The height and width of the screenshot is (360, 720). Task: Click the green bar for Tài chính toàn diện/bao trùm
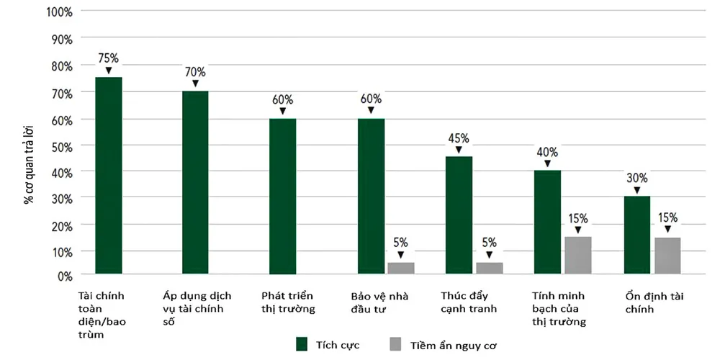click(109, 176)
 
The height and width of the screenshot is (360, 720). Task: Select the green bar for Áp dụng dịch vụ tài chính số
click(195, 183)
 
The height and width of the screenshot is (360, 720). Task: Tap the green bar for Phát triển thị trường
click(282, 196)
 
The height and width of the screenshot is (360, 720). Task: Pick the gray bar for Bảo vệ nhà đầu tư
click(400, 268)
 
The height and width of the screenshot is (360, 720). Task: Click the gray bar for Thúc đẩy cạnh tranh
click(489, 268)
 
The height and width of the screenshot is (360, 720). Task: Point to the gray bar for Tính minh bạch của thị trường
click(577, 256)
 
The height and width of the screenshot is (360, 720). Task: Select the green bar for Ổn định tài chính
click(637, 235)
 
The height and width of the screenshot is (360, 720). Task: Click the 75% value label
click(109, 58)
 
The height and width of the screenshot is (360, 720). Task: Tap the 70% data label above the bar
click(194, 72)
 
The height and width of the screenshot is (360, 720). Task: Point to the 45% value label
click(459, 138)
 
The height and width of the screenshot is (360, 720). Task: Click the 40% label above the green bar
click(547, 152)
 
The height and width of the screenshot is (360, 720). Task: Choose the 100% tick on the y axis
click(58, 12)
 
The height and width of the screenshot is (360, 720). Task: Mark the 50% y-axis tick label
click(60, 145)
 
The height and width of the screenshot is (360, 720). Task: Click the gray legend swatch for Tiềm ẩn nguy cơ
click(395, 344)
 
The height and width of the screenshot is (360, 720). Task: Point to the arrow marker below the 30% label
click(637, 191)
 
